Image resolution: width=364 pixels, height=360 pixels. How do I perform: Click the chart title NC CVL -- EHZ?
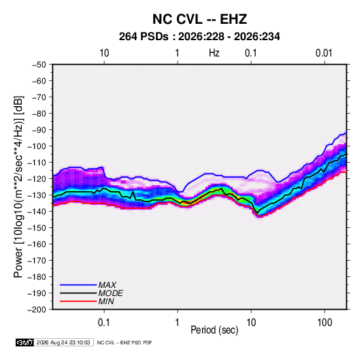199,19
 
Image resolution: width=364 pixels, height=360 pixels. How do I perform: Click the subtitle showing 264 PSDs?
199,37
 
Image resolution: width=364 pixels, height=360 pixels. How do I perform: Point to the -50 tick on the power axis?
39,65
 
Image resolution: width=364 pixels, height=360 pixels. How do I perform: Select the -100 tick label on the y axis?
37,146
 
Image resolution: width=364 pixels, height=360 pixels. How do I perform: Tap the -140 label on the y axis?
37,212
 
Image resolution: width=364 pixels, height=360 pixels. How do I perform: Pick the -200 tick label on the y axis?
37,310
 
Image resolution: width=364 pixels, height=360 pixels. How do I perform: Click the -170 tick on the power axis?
37,261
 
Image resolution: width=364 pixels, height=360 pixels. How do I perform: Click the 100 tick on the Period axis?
325,323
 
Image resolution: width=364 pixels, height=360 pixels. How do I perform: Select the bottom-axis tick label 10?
251,323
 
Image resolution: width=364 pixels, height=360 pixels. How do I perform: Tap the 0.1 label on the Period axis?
104,323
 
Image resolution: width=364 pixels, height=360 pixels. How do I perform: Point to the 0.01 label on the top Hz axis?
324,53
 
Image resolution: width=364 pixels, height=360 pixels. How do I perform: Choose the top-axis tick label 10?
104,53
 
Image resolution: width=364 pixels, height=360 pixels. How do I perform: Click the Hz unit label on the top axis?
214,53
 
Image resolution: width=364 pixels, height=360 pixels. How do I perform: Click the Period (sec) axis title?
214,330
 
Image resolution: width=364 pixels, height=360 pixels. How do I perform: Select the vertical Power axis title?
18,187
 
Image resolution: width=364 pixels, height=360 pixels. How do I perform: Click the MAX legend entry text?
107,284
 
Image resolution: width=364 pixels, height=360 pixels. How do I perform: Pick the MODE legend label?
110,293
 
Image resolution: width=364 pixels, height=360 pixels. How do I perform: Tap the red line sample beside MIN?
78,301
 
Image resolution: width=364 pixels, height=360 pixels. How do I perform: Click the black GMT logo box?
25,342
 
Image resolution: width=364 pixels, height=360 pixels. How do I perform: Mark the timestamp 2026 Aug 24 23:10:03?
63,342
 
